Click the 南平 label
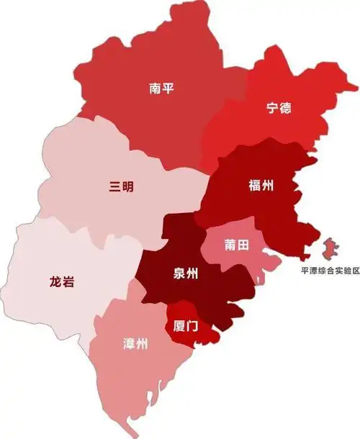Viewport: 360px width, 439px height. (162, 89)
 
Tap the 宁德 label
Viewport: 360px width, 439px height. (279, 109)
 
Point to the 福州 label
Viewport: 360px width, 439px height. (261, 186)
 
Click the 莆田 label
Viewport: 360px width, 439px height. (236, 245)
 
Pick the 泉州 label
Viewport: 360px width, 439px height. (187, 273)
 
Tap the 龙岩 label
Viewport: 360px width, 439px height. (63, 281)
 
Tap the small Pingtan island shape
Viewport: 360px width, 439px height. (332, 251)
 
